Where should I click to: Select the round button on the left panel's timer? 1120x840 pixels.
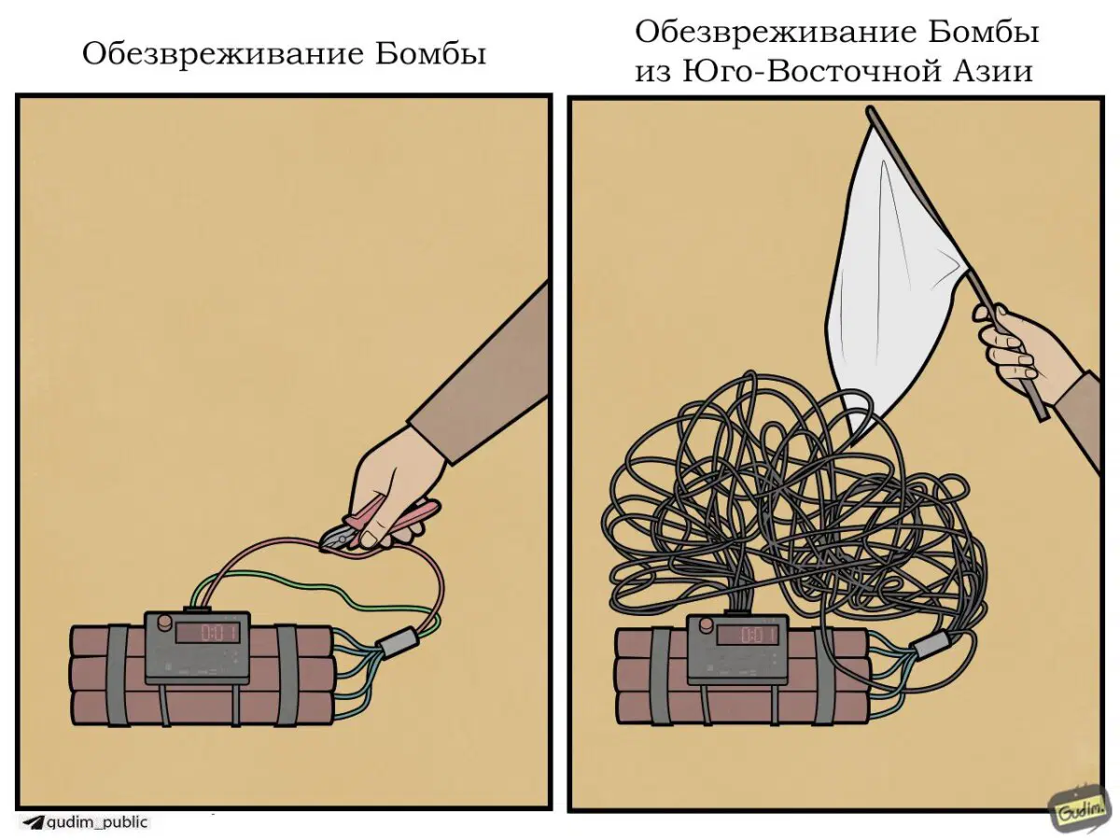click(x=164, y=623)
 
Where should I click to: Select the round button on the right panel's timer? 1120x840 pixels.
click(x=706, y=623)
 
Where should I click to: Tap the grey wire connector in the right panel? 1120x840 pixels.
click(x=931, y=644)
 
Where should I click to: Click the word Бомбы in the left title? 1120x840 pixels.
click(x=430, y=53)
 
